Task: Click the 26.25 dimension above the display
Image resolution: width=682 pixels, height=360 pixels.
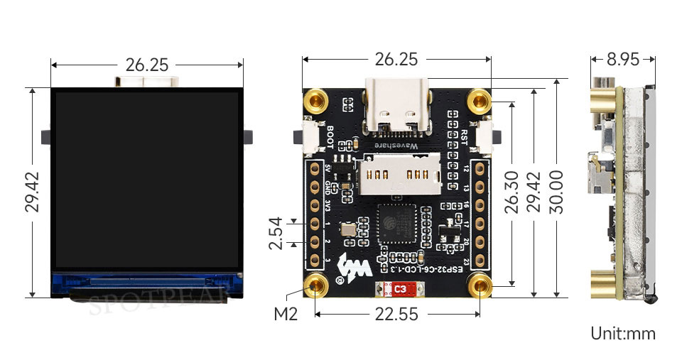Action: click(146, 65)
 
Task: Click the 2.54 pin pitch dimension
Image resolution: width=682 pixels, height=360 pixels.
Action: click(276, 233)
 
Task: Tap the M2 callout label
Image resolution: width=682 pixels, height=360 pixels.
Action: click(285, 313)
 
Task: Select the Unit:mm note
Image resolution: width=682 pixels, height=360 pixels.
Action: click(623, 333)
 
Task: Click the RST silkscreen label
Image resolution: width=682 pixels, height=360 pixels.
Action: click(465, 137)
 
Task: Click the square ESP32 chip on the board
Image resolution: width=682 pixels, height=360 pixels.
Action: click(396, 226)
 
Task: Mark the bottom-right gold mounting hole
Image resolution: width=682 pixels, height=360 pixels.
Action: click(481, 287)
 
